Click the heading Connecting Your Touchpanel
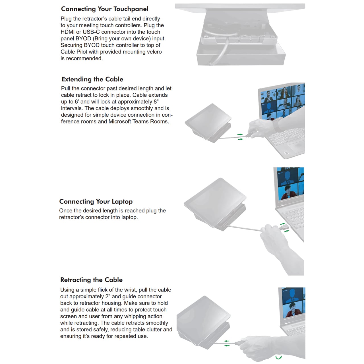(x=105, y=9)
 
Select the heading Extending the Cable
(x=92, y=79)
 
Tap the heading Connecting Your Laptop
(x=96, y=202)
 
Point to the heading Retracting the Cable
(x=91, y=280)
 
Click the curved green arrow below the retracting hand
(x=279, y=357)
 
